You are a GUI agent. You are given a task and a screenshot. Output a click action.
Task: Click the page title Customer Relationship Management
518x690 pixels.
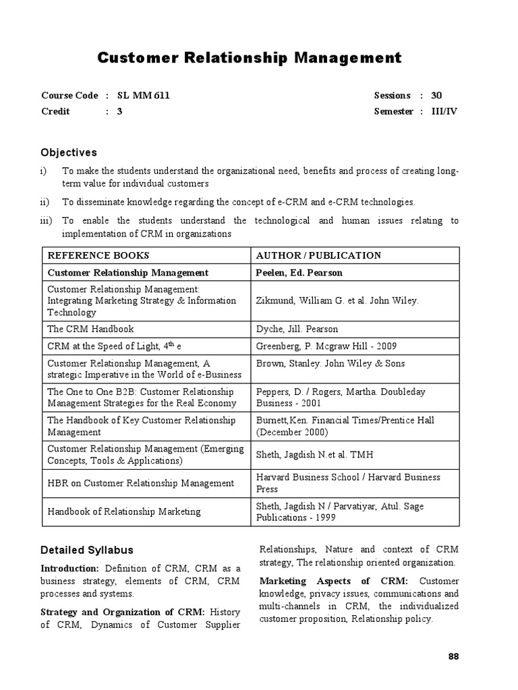pos(249,59)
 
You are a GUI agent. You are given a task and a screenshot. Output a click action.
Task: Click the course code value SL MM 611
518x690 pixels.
pos(143,96)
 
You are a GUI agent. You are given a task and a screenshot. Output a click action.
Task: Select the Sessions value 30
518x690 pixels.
pos(437,96)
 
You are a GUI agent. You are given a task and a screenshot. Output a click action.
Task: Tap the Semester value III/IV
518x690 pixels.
pos(444,112)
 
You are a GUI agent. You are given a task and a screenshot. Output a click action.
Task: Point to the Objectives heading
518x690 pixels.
pos(69,153)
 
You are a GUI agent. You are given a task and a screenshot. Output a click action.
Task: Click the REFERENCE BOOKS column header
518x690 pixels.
pos(98,255)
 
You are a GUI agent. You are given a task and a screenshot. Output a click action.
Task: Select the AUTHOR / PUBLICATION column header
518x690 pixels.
pos(318,255)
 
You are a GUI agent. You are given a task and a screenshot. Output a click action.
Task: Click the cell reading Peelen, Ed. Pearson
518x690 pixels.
pos(299,273)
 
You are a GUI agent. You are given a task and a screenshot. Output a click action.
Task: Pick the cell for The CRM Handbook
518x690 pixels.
pos(90,329)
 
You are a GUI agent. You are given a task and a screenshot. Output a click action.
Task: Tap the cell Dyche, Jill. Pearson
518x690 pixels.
pos(297,329)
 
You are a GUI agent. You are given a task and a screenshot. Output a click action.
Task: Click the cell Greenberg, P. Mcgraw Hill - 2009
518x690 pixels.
pos(326,346)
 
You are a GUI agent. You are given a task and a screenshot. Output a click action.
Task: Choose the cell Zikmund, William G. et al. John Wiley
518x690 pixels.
pos(337,301)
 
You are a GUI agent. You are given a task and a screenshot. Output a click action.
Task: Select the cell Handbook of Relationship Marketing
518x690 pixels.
pos(124,511)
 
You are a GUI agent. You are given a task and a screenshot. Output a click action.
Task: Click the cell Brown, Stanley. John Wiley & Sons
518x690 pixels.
pos(330,363)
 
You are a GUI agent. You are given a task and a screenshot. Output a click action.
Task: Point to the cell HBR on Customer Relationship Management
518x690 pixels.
pos(141,483)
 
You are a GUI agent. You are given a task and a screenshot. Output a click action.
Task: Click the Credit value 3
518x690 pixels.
pos(119,112)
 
